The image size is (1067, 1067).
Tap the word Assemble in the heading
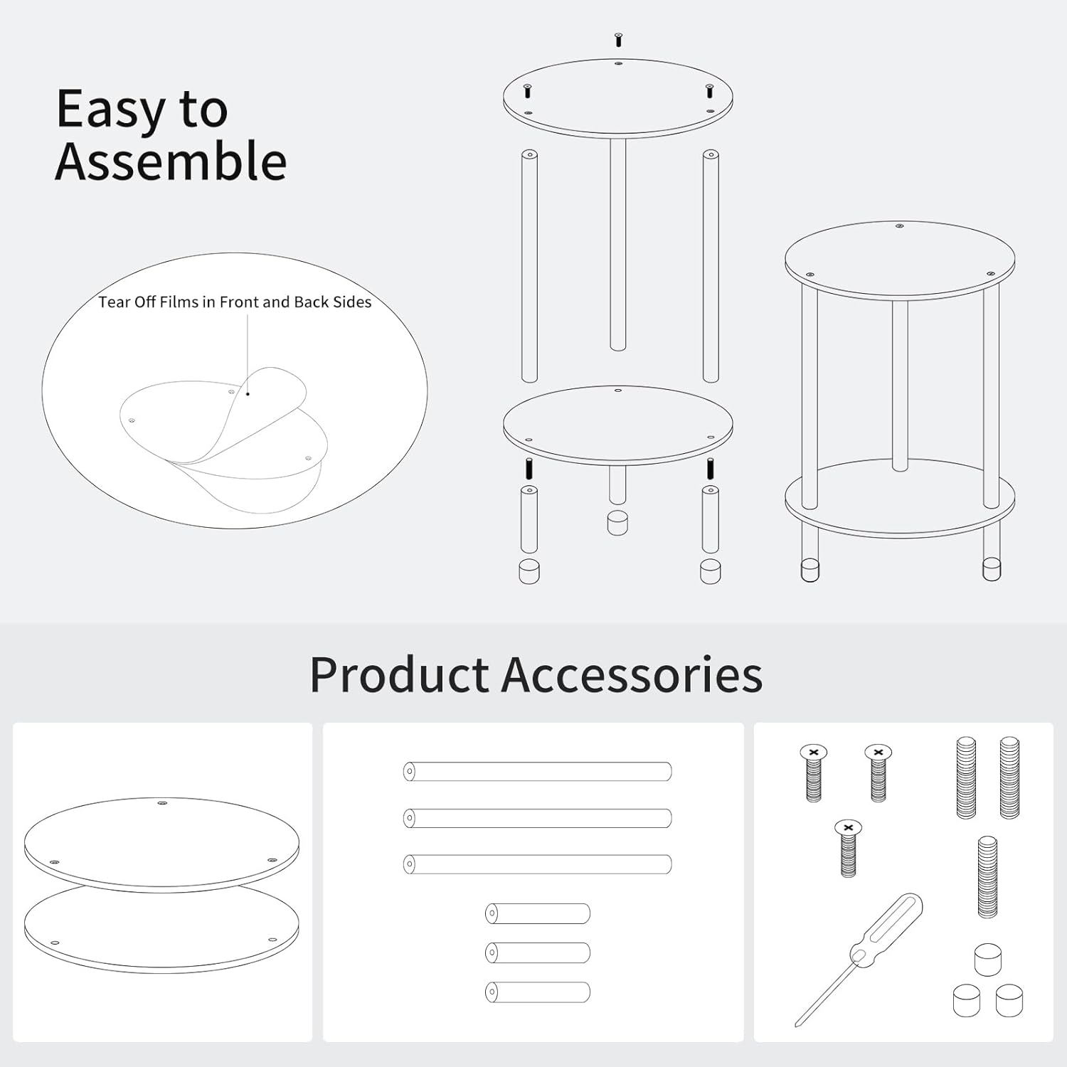171,161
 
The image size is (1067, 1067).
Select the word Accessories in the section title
632,674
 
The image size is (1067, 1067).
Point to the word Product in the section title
399,674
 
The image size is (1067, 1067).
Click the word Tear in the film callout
114,302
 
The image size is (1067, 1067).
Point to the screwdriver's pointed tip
797,1025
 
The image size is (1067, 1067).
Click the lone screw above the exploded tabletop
618,40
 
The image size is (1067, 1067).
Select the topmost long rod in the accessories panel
538,771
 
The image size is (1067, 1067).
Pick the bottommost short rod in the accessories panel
538,992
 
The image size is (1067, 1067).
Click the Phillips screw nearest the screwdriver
848,848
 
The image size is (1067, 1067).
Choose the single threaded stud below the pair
987,877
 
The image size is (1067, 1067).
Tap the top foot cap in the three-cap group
987,960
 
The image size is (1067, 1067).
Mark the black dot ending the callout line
248,393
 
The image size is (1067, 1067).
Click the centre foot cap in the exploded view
617,523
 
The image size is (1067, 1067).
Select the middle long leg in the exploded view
618,244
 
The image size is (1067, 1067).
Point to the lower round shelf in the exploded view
617,425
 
